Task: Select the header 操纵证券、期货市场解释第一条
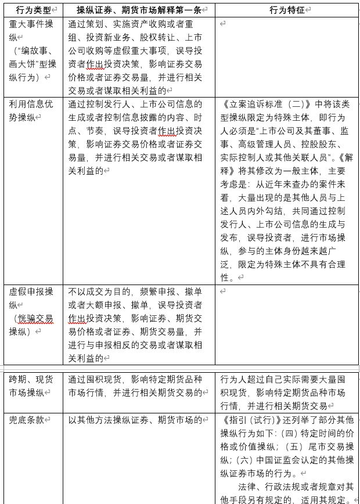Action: point(138,10)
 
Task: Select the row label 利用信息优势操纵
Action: point(32,110)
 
